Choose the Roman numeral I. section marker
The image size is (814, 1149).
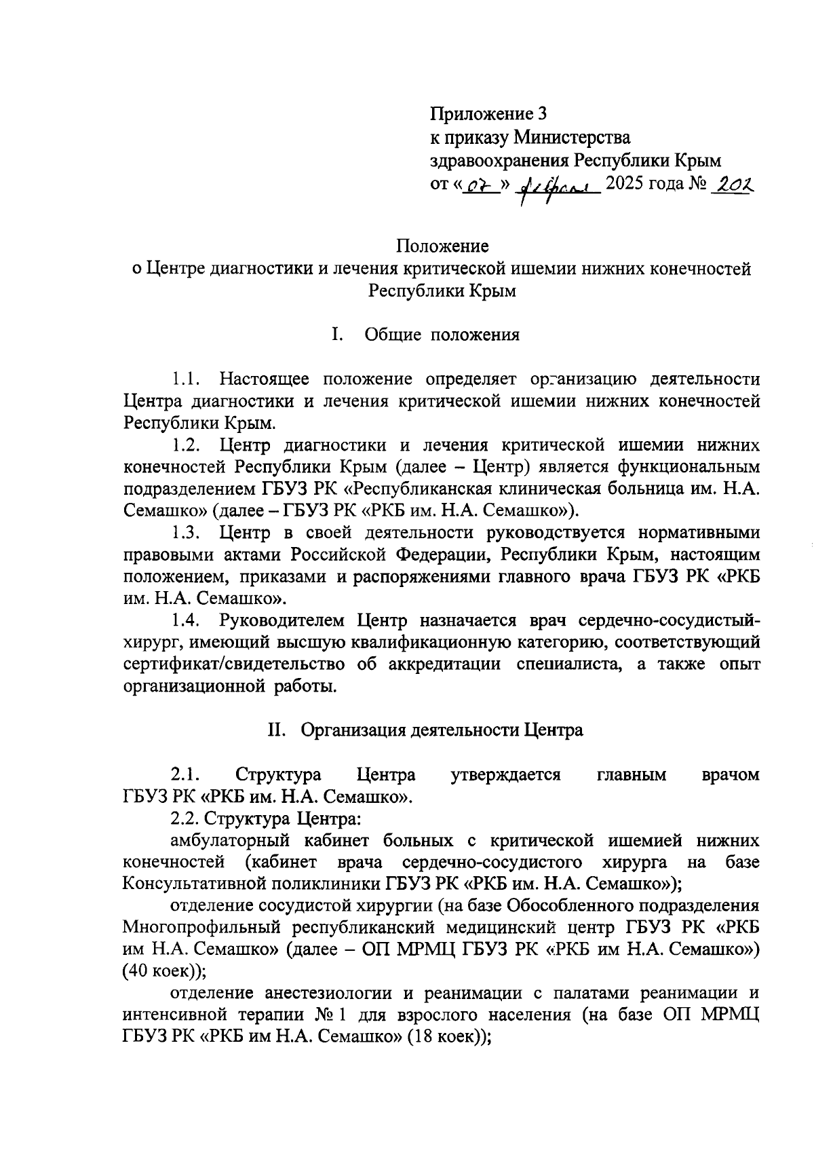tap(336, 335)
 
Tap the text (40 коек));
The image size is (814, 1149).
tap(163, 971)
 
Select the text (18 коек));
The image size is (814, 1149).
tap(448, 1038)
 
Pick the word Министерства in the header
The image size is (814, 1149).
tap(572, 138)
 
